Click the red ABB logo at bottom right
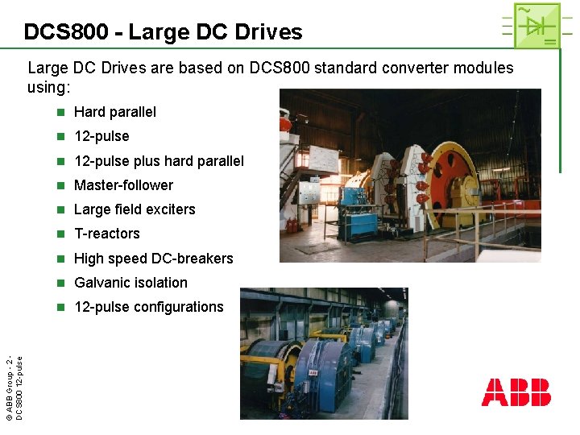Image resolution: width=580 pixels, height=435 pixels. click(x=516, y=392)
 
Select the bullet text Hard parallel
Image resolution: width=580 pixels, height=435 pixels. click(x=114, y=112)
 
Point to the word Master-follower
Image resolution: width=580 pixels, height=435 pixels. click(x=123, y=185)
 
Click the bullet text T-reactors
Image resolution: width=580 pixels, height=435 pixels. click(x=106, y=234)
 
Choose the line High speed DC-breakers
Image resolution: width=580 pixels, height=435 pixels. click(x=153, y=259)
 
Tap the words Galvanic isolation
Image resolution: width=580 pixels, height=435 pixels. click(x=130, y=283)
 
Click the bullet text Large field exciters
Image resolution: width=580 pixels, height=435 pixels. click(x=135, y=209)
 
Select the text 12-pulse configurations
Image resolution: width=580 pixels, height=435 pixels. click(x=148, y=307)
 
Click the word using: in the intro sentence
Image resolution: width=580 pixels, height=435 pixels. click(x=50, y=85)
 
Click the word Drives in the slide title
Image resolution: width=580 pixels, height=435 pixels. click(x=267, y=32)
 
